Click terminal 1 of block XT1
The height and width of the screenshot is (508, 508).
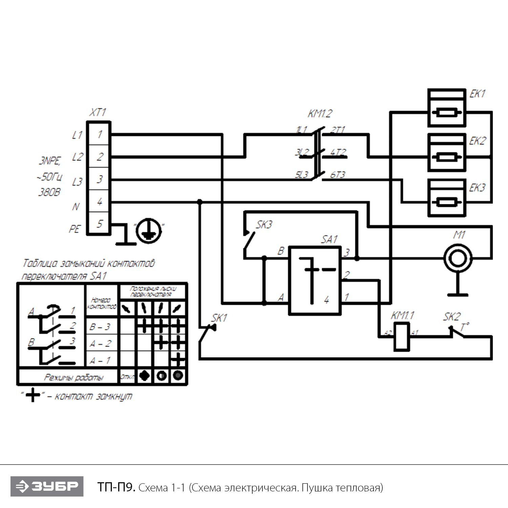pos(99,134)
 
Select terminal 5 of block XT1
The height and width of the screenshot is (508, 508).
pos(99,224)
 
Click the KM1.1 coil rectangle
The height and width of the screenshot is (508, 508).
pos(402,337)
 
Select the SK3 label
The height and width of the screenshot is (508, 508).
pos(264,225)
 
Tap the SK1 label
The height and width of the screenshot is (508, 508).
pos(219,318)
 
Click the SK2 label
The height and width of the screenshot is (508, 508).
pos(452,317)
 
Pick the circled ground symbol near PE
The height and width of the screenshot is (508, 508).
pos(148,231)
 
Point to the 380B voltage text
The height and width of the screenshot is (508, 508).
pos(49,192)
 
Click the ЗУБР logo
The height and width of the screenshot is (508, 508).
pos(47,486)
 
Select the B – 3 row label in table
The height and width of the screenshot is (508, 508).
pos(100,327)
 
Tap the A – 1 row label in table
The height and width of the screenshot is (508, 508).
pos(100,361)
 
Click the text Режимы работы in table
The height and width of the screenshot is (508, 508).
pos(74,377)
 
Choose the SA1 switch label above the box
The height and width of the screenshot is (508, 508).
pos(329,239)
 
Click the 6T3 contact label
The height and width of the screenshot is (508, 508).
pos(337,175)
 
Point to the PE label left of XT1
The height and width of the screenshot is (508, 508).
pos(75,229)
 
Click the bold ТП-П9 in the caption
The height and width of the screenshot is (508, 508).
pos(116,487)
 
